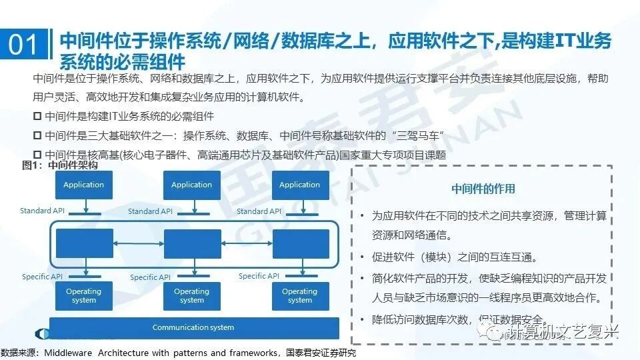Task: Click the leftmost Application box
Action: pos(84,185)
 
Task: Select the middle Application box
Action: pos(192,185)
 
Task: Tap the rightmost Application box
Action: pos(300,185)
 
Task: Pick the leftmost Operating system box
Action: pos(84,295)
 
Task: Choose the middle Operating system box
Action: pos(192,295)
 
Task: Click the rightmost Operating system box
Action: pos(300,295)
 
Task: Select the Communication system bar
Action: pos(193,327)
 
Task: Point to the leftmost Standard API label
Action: pos(45,211)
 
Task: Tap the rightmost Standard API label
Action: pos(259,211)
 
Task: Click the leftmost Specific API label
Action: pos(43,277)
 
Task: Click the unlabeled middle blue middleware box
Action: pos(192,244)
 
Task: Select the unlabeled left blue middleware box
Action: pos(84,243)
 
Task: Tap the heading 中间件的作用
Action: pos(483,189)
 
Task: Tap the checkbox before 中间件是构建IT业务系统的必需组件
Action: pos(37,116)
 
